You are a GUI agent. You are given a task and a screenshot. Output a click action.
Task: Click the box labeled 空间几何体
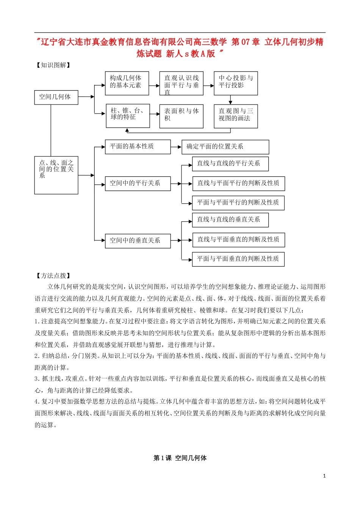[56, 97]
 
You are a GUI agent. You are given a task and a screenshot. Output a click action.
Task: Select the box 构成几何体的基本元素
[127, 83]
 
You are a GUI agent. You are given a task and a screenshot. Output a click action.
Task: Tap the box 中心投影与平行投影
[236, 83]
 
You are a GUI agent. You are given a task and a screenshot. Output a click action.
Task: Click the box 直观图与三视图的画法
[236, 116]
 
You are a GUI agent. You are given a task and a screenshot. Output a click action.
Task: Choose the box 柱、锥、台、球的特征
[128, 116]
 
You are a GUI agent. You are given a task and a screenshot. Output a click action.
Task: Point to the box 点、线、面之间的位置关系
[56, 175]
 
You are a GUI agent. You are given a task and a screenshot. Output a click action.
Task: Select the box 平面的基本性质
[138, 147]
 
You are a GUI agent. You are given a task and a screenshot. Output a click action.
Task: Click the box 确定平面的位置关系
[225, 147]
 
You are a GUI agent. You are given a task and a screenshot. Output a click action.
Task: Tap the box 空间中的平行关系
[138, 183]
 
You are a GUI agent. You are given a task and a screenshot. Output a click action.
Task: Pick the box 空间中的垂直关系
[138, 240]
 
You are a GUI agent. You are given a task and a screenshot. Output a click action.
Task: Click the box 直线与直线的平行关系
[230, 164]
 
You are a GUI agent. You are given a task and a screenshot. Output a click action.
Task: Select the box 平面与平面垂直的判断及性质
[238, 259]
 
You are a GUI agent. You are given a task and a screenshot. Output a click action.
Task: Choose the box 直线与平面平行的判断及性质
[238, 183]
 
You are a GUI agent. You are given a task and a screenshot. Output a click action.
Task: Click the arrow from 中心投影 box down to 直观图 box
[230, 100]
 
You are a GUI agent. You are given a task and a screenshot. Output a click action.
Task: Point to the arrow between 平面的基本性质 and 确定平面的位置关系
[176, 147]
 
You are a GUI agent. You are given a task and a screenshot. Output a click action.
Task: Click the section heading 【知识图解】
[53, 65]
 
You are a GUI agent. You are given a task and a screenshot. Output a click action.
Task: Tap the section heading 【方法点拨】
[53, 276]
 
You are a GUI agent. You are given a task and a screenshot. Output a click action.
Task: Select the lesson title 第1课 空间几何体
[180, 458]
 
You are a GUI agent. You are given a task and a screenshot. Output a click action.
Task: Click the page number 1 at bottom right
[324, 476]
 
